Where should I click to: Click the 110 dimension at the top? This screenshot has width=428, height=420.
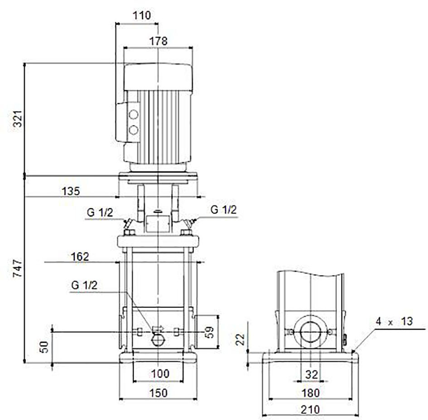(142, 15)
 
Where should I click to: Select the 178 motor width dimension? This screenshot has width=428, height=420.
(159, 41)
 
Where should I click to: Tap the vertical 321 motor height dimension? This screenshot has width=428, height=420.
(18, 119)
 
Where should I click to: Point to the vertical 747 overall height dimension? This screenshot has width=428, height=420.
(18, 269)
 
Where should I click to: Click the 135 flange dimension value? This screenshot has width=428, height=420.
(71, 191)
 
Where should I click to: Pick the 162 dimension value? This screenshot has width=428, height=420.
(80, 257)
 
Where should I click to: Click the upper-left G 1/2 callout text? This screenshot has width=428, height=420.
(100, 212)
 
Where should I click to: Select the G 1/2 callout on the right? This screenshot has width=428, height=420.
(224, 210)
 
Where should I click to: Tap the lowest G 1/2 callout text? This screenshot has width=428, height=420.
(84, 285)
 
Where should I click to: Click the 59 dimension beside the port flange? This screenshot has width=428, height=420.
(210, 332)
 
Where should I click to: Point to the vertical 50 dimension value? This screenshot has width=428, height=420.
(44, 347)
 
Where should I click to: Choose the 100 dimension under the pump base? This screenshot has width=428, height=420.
(160, 373)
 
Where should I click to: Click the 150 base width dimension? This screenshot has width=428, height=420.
(159, 393)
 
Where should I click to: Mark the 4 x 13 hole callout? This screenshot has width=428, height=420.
(394, 321)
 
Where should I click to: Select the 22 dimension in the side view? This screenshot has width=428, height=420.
(240, 340)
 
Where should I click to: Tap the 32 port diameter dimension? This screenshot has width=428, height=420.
(312, 375)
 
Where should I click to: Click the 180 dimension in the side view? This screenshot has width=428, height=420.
(311, 393)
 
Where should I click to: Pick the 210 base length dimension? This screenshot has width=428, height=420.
(310, 409)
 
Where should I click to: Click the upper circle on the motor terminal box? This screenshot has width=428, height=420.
(134, 115)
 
